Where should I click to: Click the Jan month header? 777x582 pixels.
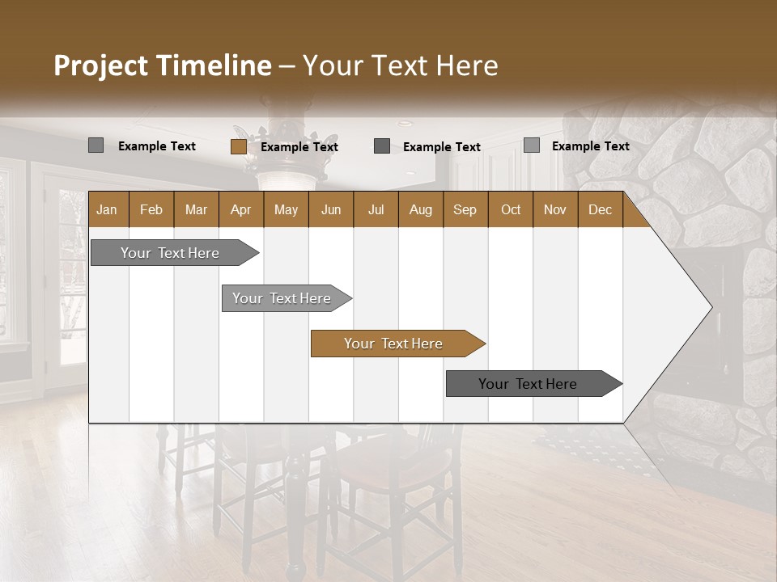point(107,209)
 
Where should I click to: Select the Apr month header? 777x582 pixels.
point(240,209)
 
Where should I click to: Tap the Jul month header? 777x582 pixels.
point(376,209)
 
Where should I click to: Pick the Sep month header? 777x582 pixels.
point(465,209)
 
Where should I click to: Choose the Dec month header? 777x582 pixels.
point(600,209)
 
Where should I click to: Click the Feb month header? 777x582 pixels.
point(151,209)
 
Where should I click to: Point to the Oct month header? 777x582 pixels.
point(511,209)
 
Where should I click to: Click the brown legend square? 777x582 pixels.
point(239,146)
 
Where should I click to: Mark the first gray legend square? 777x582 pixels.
point(96,145)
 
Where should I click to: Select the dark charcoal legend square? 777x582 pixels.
point(382,146)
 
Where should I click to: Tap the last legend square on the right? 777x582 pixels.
point(532,145)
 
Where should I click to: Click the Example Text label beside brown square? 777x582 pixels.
point(299,147)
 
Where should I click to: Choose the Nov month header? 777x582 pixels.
point(555,209)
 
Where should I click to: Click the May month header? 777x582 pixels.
point(286,209)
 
